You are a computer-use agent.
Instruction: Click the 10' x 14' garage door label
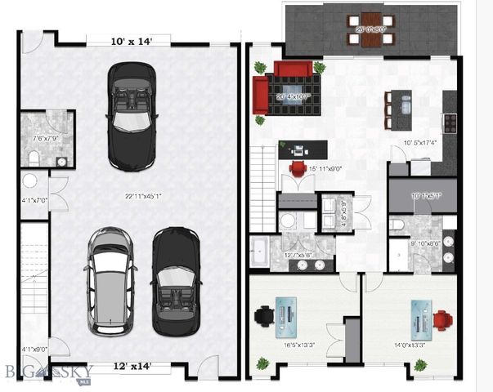click(x=130, y=40)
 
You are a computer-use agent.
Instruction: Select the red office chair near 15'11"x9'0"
click(x=298, y=169)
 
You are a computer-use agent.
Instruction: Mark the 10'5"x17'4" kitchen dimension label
click(x=419, y=144)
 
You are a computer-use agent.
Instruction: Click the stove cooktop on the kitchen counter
click(x=450, y=122)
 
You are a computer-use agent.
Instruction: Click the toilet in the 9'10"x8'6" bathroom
click(x=393, y=223)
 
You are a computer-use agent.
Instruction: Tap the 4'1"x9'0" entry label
click(x=34, y=349)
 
